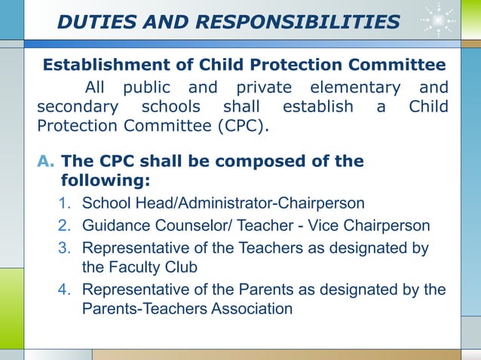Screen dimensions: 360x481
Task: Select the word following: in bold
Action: [x=105, y=181]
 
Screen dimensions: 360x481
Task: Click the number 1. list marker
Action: [x=65, y=203]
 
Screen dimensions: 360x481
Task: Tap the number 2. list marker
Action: [x=65, y=225]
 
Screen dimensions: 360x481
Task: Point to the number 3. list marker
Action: [x=65, y=247]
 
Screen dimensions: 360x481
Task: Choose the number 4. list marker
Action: [x=65, y=290]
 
